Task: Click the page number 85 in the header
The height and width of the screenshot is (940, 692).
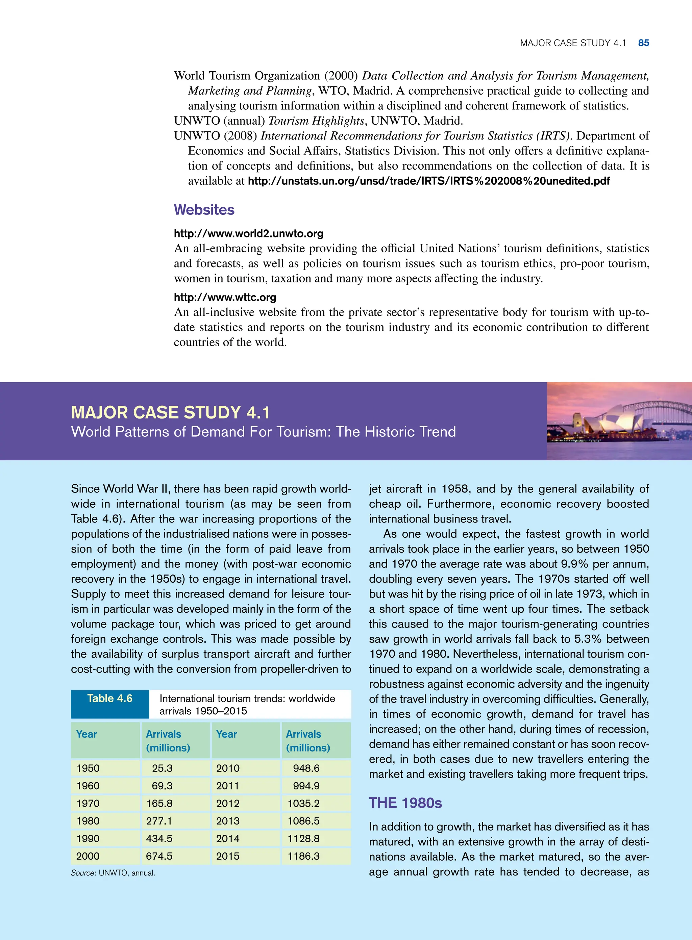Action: coord(643,43)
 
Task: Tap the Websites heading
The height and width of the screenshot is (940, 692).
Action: coord(204,210)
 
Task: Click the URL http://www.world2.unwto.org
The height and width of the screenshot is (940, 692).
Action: coord(248,234)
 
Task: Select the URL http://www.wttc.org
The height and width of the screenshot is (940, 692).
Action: coord(225,297)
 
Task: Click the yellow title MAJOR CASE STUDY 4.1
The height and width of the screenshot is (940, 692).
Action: coord(170,412)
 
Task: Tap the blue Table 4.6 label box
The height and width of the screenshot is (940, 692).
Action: coord(110,698)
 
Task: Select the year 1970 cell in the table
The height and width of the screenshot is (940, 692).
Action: coord(88,803)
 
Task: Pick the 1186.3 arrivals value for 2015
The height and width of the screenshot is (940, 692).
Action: coord(303,856)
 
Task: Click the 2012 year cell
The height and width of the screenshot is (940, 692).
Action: coord(228,803)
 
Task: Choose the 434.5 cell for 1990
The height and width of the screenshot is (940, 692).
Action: coord(159,838)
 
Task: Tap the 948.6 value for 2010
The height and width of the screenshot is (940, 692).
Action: coord(306,768)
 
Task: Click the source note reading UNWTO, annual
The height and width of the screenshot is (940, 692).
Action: coord(113,873)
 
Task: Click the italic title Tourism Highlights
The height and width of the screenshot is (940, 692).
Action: coord(316,121)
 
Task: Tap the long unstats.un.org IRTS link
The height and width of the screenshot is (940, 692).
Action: coord(428,181)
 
